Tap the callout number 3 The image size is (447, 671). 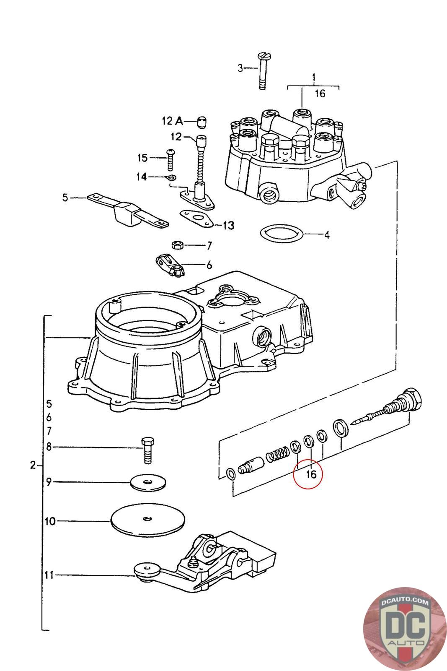pyautogui.click(x=240, y=68)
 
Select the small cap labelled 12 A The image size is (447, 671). pyautogui.click(x=202, y=122)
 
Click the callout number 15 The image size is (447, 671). pyautogui.click(x=142, y=158)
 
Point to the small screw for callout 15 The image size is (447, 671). pyautogui.click(x=171, y=159)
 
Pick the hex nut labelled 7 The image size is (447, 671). pyautogui.click(x=176, y=244)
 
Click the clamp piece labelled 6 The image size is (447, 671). pyautogui.click(x=171, y=266)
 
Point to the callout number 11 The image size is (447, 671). pyautogui.click(x=49, y=575)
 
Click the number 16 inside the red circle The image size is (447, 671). pyautogui.click(x=310, y=474)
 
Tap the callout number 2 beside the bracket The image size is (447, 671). pyautogui.click(x=33, y=465)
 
